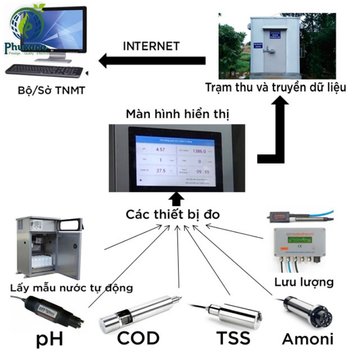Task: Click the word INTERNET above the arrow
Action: pos(151,46)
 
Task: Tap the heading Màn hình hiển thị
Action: pos(177,114)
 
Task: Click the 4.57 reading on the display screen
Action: pos(160,149)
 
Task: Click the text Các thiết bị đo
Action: pos(173,215)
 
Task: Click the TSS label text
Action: pos(233,338)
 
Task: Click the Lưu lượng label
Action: pos(303,282)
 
